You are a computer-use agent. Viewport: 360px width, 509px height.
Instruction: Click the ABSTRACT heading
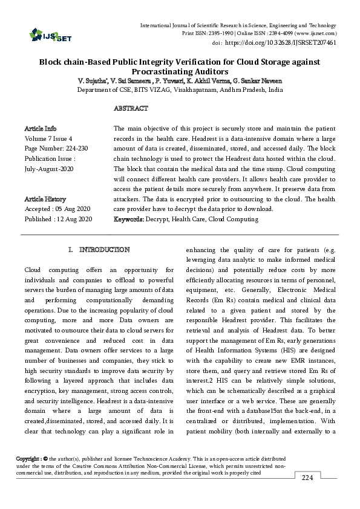pyautogui.click(x=131, y=109)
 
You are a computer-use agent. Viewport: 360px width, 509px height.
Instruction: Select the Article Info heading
pyautogui.click(x=41, y=129)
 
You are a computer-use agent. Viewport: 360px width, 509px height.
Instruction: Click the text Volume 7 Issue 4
pyautogui.click(x=48, y=138)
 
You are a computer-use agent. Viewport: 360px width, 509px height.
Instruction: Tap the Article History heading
pyautogui.click(x=45, y=199)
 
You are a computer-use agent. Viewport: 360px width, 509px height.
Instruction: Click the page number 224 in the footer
pyautogui.click(x=307, y=478)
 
